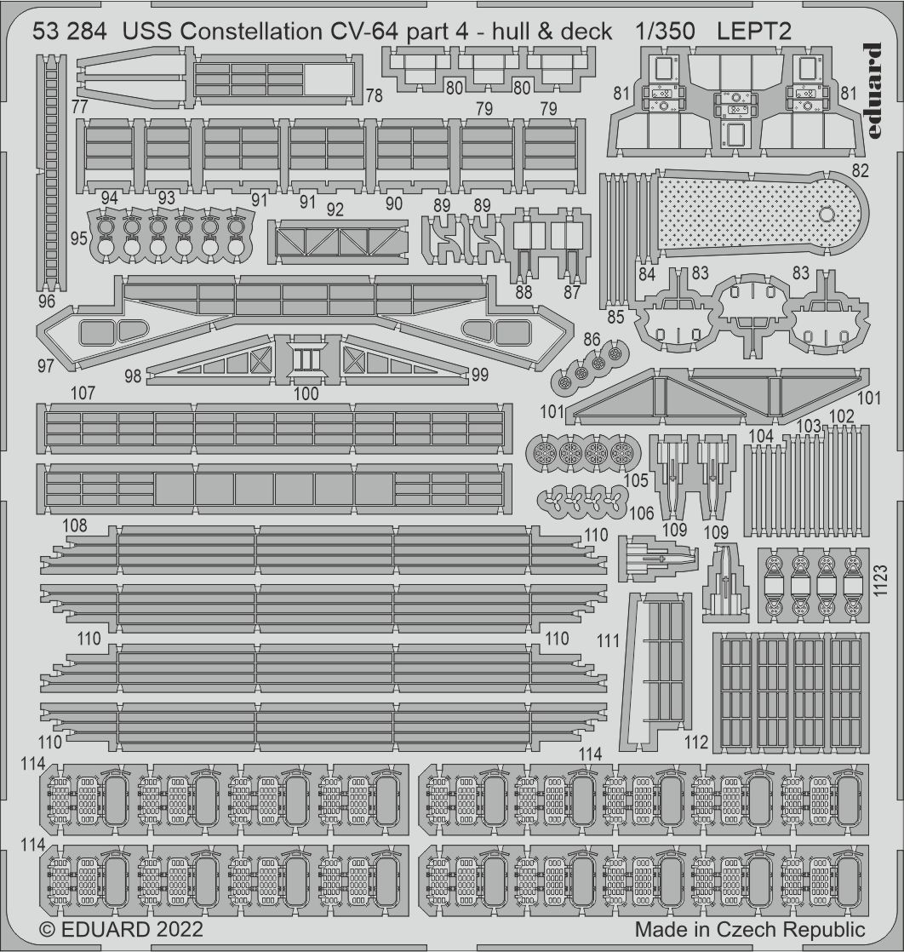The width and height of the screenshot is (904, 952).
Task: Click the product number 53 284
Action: [70, 31]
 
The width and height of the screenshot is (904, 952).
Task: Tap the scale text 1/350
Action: [666, 31]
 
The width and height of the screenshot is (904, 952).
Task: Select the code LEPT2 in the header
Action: [754, 31]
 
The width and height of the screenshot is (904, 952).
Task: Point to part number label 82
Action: [860, 170]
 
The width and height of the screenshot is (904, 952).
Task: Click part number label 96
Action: [46, 301]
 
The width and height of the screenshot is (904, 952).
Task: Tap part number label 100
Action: [306, 393]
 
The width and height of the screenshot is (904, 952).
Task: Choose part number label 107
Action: [83, 393]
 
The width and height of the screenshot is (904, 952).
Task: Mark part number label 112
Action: [695, 742]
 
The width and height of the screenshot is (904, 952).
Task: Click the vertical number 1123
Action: [882, 581]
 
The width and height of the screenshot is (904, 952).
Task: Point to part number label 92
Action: [335, 209]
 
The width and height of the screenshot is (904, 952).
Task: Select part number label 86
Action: [592, 340]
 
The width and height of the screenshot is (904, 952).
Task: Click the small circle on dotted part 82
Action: [827, 215]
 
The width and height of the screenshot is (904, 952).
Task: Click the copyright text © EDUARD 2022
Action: [121, 930]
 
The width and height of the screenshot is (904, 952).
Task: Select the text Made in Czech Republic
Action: [750, 930]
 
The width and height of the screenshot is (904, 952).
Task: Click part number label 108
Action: [74, 525]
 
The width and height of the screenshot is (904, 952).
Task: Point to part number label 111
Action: [608, 640]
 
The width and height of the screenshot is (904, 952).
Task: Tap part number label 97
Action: [45, 365]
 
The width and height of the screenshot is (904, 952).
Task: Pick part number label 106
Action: [641, 513]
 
